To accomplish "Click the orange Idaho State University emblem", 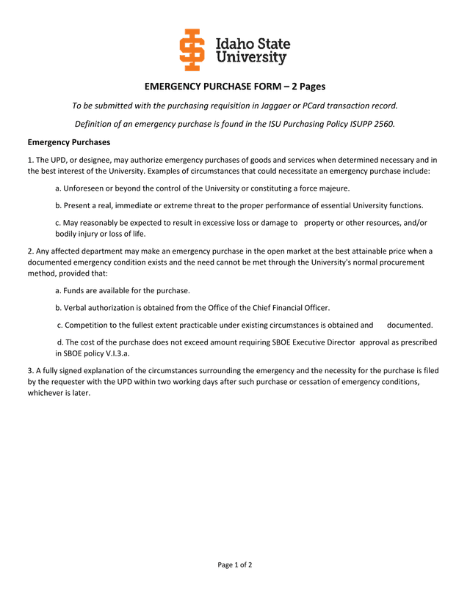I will tap(193, 50).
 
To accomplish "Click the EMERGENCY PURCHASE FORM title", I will tap(234, 87).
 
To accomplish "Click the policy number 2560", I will tap(382, 124).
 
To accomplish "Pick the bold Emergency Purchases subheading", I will tap(69, 142).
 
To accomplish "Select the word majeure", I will tap(333, 188).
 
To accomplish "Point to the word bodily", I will tap(67, 234).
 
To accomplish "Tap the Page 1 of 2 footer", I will tap(235, 565).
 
